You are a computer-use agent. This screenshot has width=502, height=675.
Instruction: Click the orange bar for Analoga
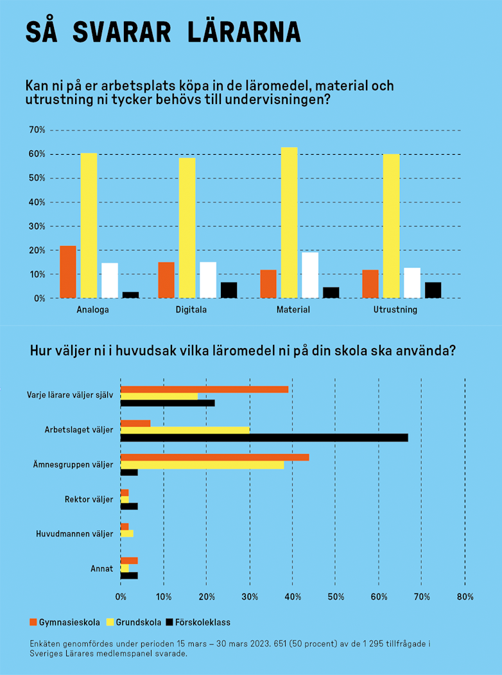(68, 272)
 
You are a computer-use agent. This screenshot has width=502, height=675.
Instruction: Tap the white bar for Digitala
(208, 280)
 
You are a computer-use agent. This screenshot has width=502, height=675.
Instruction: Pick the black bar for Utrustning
(433, 290)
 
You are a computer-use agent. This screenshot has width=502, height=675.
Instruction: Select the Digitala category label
(191, 310)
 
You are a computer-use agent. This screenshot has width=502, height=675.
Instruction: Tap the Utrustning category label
(395, 310)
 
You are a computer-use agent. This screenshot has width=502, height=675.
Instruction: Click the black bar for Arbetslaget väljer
(264, 437)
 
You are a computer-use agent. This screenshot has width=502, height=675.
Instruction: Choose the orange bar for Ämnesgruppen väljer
(214, 457)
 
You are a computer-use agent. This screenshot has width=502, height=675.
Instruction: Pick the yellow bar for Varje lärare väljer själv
(159, 396)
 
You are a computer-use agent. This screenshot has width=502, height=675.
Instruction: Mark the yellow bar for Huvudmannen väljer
(127, 534)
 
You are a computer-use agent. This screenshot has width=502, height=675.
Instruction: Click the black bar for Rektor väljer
(129, 506)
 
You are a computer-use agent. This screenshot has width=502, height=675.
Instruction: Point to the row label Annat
(102, 568)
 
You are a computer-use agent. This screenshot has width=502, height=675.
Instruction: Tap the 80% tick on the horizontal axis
(465, 597)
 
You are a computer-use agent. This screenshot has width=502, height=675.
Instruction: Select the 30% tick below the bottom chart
(250, 597)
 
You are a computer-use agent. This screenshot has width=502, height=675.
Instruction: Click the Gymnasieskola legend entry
(65, 622)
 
